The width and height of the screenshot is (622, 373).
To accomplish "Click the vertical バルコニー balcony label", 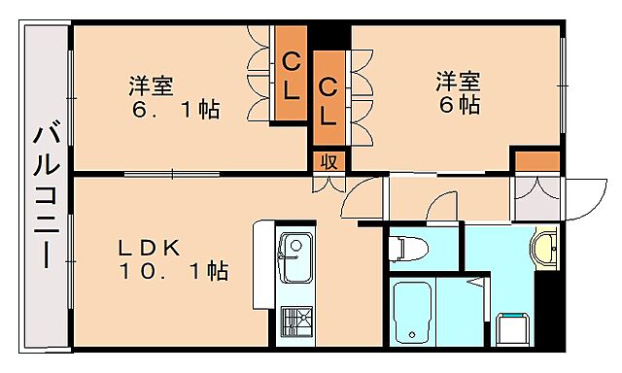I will point(46,194).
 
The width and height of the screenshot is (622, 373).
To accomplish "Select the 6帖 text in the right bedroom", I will point(459,104).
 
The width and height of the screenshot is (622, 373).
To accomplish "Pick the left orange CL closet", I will point(290,74).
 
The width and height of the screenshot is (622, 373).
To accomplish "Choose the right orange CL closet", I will point(328,100).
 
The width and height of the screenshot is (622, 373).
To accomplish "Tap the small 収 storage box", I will point(328,161).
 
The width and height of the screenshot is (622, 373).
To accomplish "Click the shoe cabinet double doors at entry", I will point(536,198).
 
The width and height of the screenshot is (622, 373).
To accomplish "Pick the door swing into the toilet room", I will point(443,208).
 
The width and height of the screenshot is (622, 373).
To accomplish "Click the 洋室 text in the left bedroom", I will point(152,85).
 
